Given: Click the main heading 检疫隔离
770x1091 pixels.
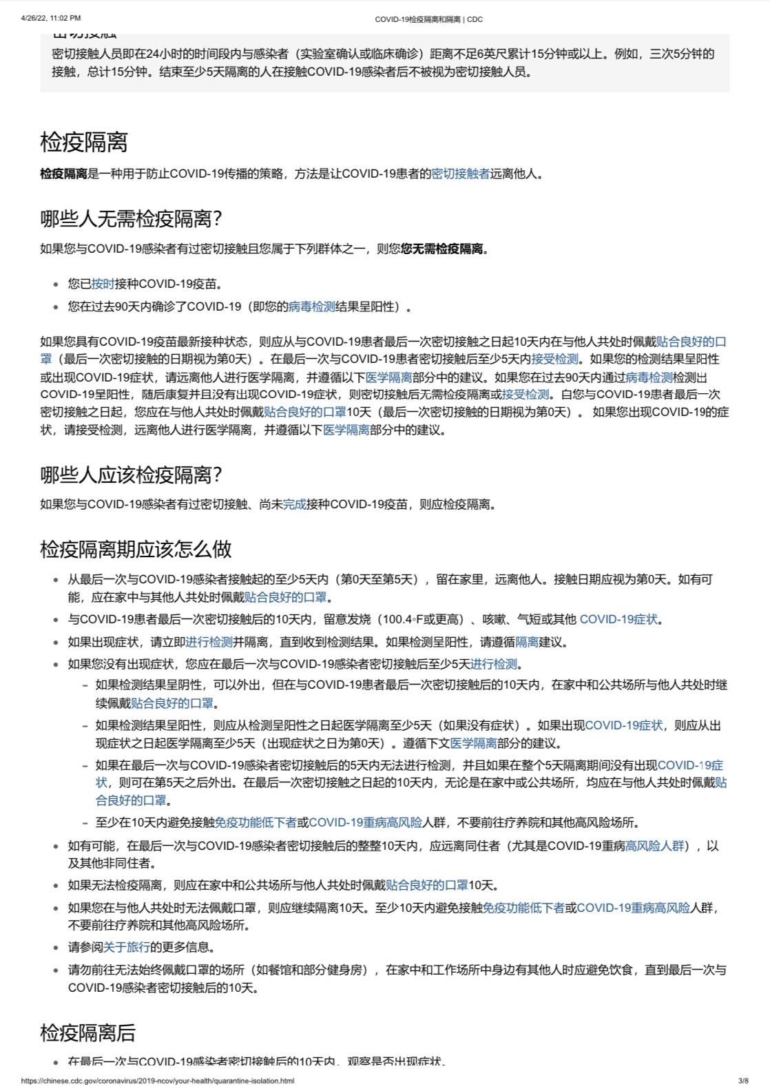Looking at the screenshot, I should (83, 143).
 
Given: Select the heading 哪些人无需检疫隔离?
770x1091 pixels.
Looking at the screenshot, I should (131, 220).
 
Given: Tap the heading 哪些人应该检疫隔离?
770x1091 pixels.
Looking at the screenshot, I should (131, 475).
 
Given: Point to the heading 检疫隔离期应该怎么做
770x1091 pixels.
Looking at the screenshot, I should (136, 549).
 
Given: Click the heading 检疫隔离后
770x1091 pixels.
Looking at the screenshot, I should (87, 1032).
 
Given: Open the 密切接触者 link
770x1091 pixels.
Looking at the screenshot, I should (460, 174).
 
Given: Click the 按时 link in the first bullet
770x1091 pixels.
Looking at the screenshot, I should (103, 284).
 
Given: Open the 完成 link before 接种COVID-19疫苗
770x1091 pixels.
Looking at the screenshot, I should (294, 504).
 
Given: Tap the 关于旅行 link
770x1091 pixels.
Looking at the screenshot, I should (126, 947).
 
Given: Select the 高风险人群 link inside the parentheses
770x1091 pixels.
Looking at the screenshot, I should (655, 845).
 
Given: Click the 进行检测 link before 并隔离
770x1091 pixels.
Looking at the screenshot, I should (209, 642).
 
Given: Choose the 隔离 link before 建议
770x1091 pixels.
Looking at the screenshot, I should (527, 642).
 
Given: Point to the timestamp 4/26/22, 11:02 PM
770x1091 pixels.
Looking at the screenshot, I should (51, 18).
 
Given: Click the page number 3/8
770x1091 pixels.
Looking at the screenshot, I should (743, 1081).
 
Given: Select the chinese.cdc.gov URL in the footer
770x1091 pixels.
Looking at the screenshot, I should (158, 1081).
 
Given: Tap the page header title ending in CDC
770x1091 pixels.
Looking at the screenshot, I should (428, 19).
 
